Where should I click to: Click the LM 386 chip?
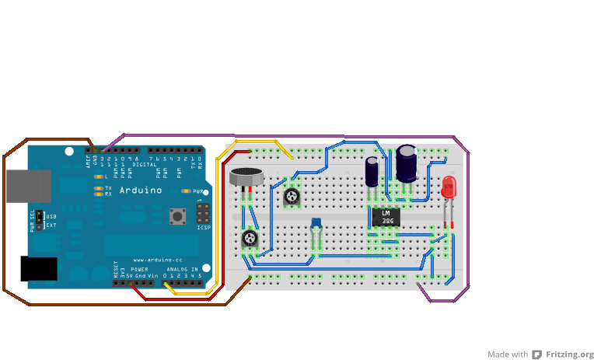(x=386, y=217)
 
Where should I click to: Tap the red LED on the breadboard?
(x=449, y=188)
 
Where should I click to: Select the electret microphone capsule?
(x=246, y=177)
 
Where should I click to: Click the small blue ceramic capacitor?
(x=316, y=225)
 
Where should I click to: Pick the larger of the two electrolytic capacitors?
(x=407, y=163)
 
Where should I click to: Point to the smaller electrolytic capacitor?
(x=373, y=171)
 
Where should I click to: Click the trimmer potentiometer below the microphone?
(x=249, y=238)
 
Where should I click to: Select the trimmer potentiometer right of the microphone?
(x=292, y=197)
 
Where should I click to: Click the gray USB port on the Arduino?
(x=28, y=187)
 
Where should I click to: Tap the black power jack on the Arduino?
(x=38, y=268)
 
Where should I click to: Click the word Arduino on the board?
(x=140, y=190)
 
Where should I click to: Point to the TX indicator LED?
(x=98, y=188)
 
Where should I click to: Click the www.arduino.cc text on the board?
(x=158, y=259)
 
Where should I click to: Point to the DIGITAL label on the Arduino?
(x=144, y=165)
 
